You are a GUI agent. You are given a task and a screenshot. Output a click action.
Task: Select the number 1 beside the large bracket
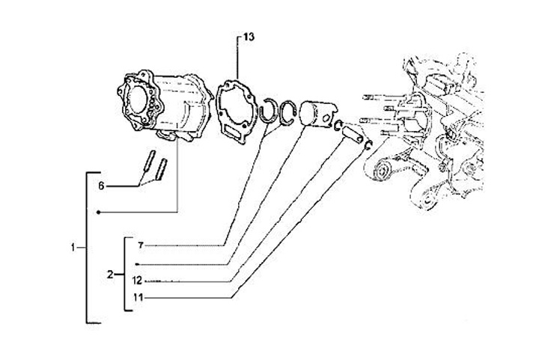[x=73, y=247]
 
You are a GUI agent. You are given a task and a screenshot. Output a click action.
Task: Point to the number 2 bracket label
[x=110, y=275]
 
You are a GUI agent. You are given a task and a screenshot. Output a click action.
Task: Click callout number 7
[x=140, y=245]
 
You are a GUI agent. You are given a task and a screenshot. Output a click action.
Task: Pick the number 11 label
[x=138, y=297]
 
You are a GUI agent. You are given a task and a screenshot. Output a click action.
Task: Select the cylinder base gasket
[x=239, y=113]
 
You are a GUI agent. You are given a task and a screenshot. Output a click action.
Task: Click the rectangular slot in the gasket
[x=238, y=135]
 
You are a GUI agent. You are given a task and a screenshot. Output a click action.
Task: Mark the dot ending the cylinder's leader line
[x=99, y=213]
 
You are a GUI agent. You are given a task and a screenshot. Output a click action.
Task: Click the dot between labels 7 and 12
[x=136, y=264]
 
